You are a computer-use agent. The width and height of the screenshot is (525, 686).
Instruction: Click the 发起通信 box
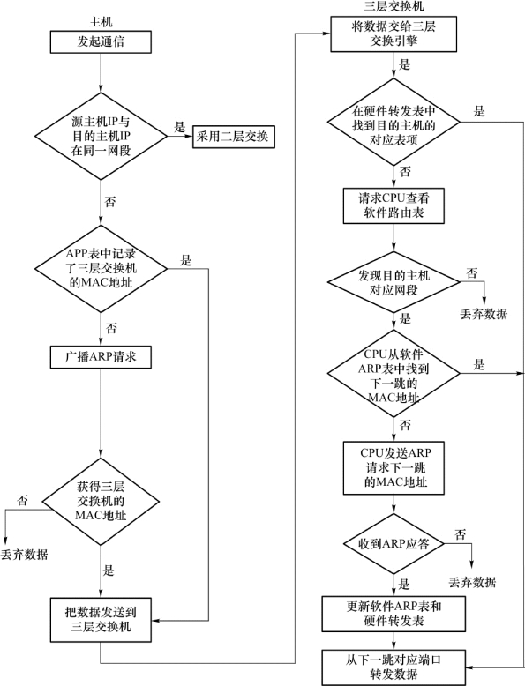pos(101,42)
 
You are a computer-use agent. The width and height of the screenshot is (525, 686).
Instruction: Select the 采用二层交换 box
pos(234,137)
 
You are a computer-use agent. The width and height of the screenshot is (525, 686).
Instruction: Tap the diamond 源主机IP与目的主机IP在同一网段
pos(101,136)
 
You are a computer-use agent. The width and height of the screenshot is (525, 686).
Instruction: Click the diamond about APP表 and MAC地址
pos(101,268)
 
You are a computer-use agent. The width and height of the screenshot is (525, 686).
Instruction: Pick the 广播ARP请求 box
pos(101,357)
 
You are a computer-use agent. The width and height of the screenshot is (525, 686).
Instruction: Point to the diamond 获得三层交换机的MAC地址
pos(101,502)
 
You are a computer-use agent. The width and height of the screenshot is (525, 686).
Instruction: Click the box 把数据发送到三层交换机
pos(101,620)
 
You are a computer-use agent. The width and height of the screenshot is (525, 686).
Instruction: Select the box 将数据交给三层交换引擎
pos(394,34)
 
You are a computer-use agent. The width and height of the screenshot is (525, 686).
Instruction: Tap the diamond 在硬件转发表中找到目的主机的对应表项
pos(394,122)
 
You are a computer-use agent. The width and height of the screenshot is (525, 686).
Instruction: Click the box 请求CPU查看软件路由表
pos(394,205)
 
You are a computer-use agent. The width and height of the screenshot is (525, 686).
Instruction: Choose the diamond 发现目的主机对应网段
pos(394,282)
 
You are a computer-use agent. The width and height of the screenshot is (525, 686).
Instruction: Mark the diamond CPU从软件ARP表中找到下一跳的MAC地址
pos(394,374)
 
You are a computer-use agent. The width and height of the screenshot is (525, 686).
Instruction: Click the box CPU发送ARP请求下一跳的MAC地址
pos(394,468)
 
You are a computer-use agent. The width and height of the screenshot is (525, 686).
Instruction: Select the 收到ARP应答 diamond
pos(394,544)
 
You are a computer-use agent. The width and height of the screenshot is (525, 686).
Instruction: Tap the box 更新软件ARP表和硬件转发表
pos(394,614)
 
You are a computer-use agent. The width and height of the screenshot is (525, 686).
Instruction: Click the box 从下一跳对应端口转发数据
pos(394,667)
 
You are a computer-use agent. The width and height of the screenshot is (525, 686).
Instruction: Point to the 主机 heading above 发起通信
pos(101,22)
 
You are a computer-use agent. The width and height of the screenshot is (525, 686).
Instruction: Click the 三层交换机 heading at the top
pos(394,6)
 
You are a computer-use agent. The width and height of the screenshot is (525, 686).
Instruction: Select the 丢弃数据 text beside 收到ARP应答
pos(472,582)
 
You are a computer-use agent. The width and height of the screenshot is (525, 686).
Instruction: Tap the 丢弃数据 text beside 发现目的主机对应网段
pos(484,314)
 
